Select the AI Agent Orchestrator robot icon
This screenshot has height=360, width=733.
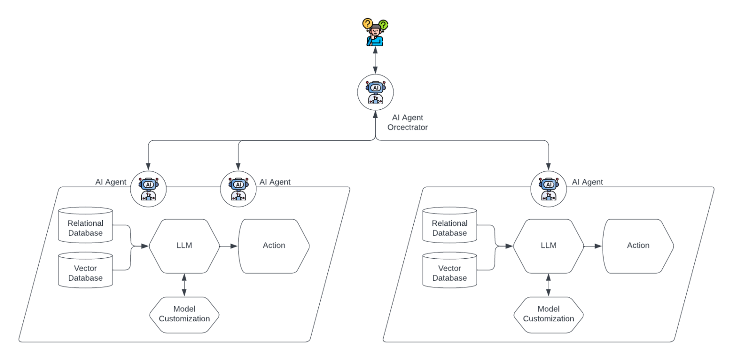[376, 92]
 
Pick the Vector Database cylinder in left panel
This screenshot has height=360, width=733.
[85, 273]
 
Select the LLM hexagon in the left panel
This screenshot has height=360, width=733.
[184, 245]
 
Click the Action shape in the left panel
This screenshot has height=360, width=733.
[274, 245]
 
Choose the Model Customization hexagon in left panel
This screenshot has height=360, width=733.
[184, 314]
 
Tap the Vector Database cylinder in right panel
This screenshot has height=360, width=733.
[450, 273]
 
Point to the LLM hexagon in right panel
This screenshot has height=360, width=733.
[548, 245]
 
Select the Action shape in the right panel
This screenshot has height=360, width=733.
[638, 245]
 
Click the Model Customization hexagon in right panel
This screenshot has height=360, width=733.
[548, 314]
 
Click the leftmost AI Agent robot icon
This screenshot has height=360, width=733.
[148, 189]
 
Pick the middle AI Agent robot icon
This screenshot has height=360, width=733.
[238, 189]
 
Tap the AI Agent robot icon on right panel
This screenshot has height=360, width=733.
[549, 189]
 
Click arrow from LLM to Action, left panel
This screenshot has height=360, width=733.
[229, 246]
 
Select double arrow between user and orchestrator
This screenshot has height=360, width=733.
[376, 61]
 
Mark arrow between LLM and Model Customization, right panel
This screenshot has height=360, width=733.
[548, 285]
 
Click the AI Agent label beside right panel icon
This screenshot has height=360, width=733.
[587, 182]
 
